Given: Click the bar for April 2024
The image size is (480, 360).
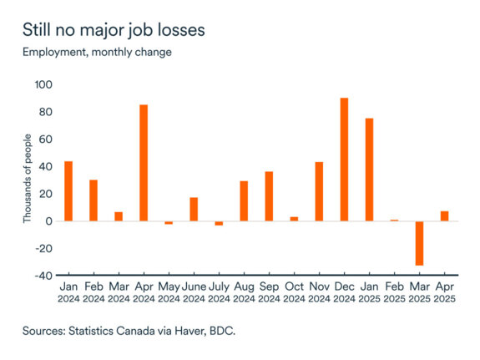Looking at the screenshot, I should tap(144, 163).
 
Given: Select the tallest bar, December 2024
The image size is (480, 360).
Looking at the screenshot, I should tap(344, 160).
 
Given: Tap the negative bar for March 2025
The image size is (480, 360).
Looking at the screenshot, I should tap(419, 243).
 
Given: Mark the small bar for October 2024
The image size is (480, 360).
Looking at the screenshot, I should tap(294, 219).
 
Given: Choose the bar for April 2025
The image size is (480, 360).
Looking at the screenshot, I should tap(444, 216).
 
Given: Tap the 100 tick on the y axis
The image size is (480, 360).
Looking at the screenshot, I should tap(43, 84).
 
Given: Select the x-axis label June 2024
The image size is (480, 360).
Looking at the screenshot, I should tap(194, 292).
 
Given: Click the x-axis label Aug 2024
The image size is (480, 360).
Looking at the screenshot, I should tap(244, 292).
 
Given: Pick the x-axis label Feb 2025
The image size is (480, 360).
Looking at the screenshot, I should tap(394, 292).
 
